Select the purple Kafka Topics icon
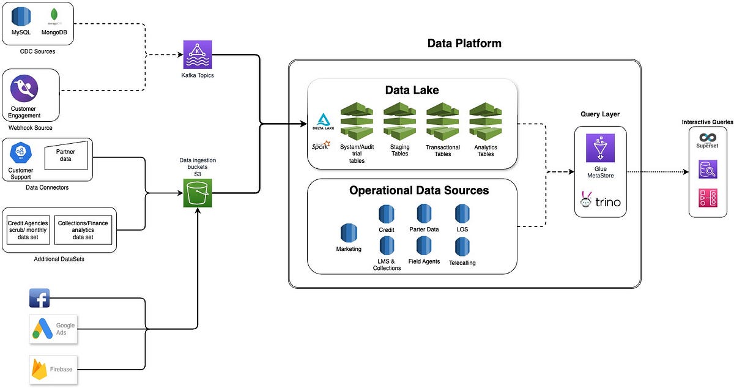[x=197, y=55]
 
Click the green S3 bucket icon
[x=197, y=193]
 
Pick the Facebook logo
[x=39, y=298]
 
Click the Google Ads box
[x=54, y=329]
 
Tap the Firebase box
[x=54, y=369]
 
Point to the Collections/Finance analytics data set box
[x=83, y=230]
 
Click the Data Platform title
[x=464, y=43]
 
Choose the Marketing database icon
[x=349, y=234]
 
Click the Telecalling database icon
[x=462, y=247]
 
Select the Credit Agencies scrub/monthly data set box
[x=28, y=230]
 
